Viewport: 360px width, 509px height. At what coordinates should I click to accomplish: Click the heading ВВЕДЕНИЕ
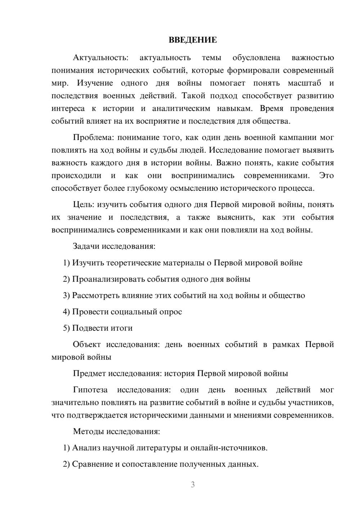point(193,40)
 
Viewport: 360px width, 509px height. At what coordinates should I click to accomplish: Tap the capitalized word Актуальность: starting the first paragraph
point(100,58)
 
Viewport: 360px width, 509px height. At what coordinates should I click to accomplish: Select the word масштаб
point(304,83)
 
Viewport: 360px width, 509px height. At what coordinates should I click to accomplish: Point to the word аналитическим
point(181,108)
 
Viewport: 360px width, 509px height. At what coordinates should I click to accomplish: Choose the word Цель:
point(84,204)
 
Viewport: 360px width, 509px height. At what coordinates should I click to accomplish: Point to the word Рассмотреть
point(96,296)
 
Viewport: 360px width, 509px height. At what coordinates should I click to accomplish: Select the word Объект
point(87,344)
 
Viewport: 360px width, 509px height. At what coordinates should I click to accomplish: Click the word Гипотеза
point(90,390)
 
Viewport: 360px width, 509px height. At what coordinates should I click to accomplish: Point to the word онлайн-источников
point(229,448)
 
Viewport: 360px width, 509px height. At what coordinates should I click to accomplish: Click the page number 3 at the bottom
point(193,485)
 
